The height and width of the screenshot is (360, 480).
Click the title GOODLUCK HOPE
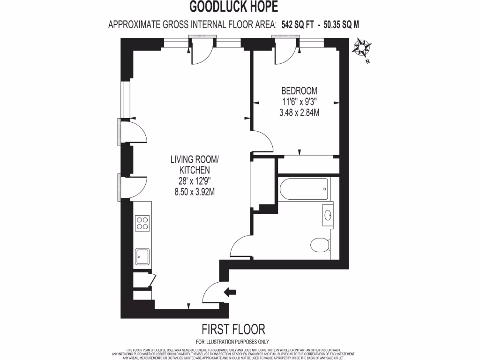point(233,7)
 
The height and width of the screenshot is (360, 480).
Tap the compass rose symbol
point(362,48)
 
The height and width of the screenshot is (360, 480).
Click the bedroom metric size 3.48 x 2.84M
point(299,113)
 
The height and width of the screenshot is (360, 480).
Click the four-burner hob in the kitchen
point(142,223)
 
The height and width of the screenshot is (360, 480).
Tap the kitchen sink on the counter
point(142,256)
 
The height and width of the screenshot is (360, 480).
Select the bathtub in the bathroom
point(304,189)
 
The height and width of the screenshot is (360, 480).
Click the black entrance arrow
point(231,292)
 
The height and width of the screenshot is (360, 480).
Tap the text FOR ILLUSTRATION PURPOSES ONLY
point(233,342)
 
